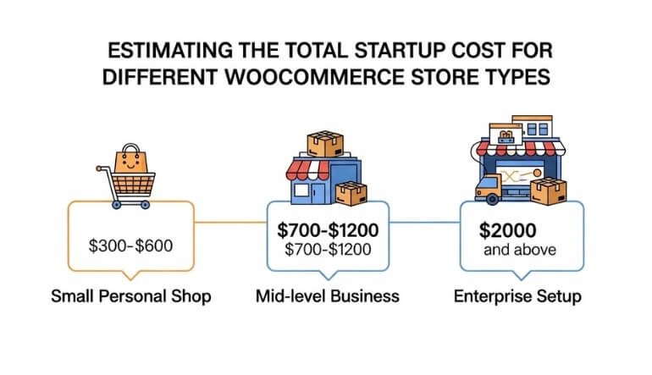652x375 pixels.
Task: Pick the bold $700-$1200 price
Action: pos(326,229)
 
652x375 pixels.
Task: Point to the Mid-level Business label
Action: pos(326,296)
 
